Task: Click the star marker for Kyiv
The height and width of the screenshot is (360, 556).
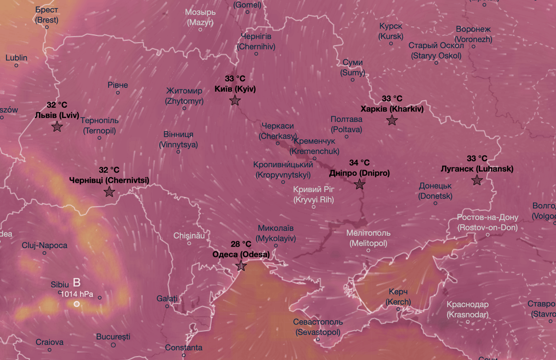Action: (x=235, y=100)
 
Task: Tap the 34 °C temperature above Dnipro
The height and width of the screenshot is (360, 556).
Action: (x=359, y=163)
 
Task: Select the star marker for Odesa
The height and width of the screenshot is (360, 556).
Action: (x=241, y=266)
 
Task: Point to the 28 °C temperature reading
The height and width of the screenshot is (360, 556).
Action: (x=241, y=244)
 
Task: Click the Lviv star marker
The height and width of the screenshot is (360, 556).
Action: (x=57, y=127)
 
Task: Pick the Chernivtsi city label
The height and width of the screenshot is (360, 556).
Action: (x=109, y=180)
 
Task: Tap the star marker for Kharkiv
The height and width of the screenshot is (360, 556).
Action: (x=392, y=120)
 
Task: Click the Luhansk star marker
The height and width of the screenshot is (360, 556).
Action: (x=477, y=180)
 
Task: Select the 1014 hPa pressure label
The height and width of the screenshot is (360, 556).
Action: (x=77, y=294)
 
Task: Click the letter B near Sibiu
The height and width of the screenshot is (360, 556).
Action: (x=77, y=283)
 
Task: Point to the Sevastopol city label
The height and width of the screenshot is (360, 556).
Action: (x=318, y=327)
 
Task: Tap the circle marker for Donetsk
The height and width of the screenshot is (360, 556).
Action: (x=436, y=203)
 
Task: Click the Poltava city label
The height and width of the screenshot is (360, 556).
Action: (x=346, y=124)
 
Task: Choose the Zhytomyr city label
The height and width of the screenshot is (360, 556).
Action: (x=184, y=96)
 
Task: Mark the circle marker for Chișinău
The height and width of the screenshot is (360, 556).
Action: (x=189, y=243)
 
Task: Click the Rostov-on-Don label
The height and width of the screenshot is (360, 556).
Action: (x=488, y=223)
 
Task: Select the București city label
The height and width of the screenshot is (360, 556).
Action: (x=113, y=337)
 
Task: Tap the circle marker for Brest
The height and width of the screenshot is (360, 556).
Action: (x=47, y=27)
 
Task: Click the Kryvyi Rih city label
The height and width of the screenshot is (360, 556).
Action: (x=313, y=195)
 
